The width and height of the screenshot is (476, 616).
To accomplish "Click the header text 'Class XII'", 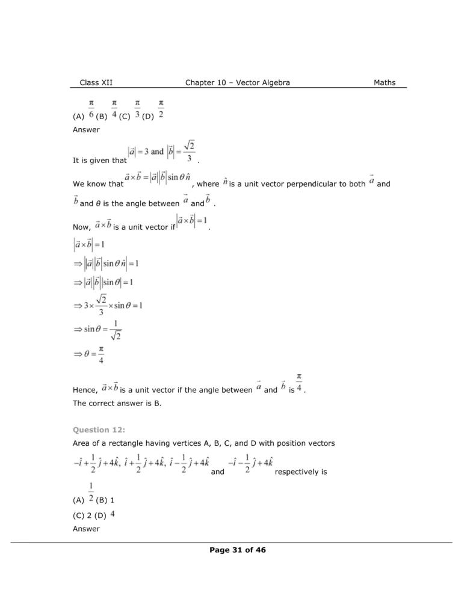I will (x=96, y=82).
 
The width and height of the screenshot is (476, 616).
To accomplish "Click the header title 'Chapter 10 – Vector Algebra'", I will (x=237, y=82).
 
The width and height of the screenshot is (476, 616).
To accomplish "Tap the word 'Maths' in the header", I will (x=385, y=82).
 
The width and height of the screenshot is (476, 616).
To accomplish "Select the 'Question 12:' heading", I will (x=99, y=430).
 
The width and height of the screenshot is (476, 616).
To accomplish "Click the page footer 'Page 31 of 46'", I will (x=238, y=549).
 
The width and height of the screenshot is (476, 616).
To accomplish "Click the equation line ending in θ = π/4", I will (x=89, y=354).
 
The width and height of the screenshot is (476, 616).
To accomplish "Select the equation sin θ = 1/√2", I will (x=100, y=330).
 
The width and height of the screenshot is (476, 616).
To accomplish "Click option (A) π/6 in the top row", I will (x=85, y=112).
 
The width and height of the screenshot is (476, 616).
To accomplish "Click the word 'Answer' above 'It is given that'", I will (x=86, y=129).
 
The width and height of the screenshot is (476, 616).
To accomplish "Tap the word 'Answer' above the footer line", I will (x=86, y=529).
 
